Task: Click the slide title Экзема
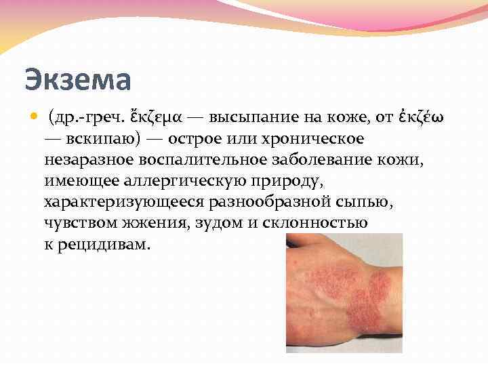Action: [77, 80]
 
